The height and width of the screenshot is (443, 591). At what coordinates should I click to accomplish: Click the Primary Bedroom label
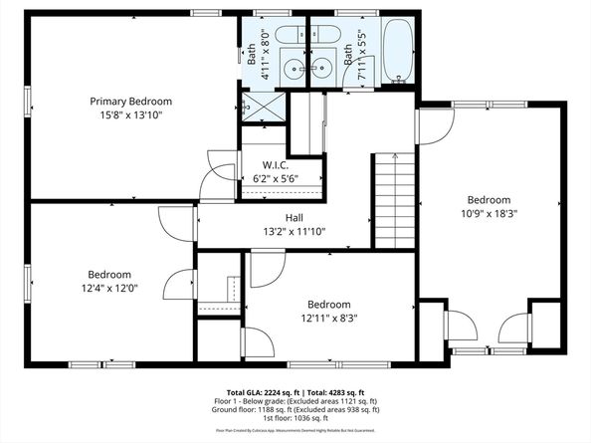[130, 102]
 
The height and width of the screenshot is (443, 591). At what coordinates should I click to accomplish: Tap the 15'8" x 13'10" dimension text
[130, 115]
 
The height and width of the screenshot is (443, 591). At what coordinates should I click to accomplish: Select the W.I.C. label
[276, 164]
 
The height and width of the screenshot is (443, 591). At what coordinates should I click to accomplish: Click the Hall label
[294, 217]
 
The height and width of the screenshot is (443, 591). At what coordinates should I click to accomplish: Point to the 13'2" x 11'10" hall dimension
[294, 232]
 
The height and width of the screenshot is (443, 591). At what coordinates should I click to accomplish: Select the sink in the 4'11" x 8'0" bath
[294, 68]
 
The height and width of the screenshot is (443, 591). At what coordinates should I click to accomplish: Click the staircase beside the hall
[394, 203]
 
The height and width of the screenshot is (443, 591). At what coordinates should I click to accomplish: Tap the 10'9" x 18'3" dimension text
[488, 212]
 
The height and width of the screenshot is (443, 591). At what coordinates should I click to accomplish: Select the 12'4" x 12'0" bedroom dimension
[108, 289]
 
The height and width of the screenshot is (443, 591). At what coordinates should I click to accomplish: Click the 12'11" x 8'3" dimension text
[328, 319]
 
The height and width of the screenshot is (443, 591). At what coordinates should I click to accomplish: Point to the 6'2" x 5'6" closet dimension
[276, 178]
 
